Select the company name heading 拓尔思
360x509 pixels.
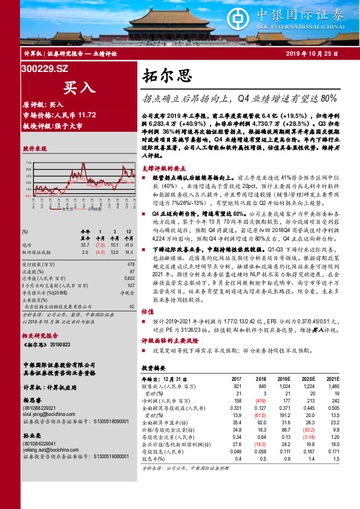[167, 76]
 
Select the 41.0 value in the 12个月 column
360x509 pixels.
[128, 245]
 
